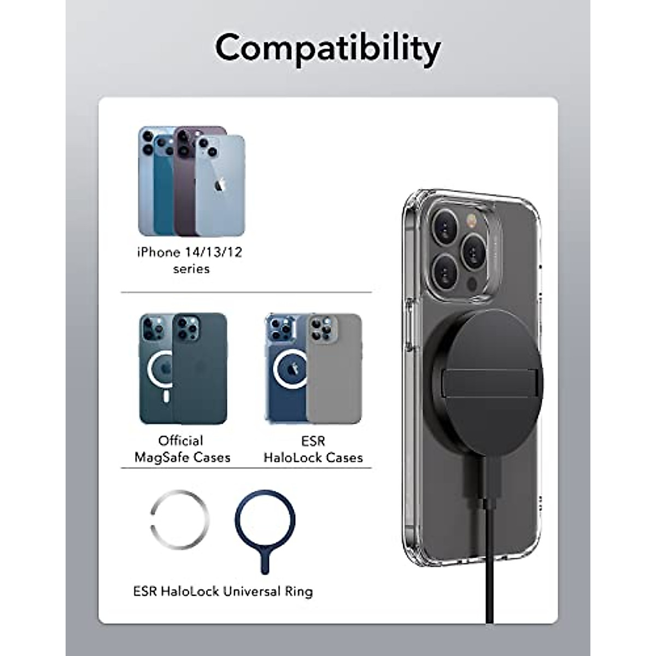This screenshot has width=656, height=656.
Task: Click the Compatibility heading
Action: (x=327, y=49)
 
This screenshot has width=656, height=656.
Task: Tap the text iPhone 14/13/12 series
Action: (x=189, y=260)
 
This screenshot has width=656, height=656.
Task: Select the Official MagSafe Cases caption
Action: (x=183, y=449)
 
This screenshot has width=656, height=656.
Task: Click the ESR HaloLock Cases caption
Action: (x=313, y=449)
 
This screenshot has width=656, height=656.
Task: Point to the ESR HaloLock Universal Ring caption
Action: (x=223, y=591)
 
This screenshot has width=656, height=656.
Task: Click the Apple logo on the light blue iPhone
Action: (x=221, y=184)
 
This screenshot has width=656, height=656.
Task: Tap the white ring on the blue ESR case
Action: (x=290, y=369)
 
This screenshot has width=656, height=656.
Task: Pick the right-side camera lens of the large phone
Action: (x=473, y=250)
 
